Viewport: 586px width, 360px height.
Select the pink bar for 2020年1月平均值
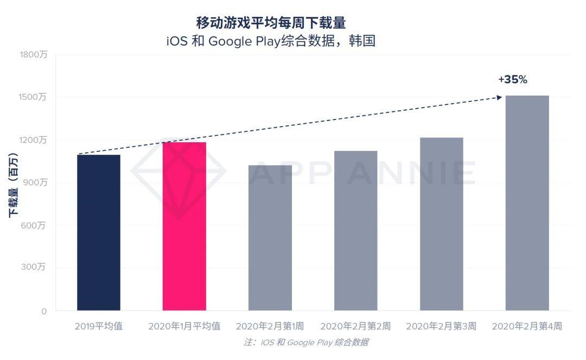point(184,226)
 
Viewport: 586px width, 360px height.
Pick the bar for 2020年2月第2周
point(355,231)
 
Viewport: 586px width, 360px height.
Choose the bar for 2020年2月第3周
point(441,224)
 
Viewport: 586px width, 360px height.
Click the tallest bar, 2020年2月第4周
point(527,203)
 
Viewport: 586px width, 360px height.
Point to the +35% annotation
point(513,79)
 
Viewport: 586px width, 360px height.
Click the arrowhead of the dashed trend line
point(499,97)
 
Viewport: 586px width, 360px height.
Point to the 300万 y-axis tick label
point(34,268)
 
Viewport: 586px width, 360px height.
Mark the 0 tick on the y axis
point(44,311)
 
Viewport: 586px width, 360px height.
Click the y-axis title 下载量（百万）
point(13,185)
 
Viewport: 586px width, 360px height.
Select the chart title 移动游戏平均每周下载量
point(271,23)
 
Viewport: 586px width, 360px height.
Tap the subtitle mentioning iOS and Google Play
point(271,41)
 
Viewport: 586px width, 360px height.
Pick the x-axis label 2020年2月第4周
point(527,326)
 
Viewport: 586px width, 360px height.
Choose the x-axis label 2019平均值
point(99,326)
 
